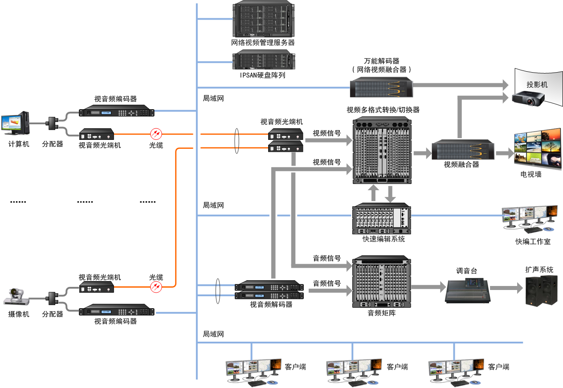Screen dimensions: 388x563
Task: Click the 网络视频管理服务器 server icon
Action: click(x=263, y=20)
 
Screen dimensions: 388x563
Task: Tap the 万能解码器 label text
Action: click(x=381, y=61)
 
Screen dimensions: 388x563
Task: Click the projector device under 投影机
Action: click(x=529, y=98)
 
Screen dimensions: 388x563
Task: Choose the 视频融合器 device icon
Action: click(x=464, y=150)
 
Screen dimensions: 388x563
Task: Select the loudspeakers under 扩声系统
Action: click(x=541, y=290)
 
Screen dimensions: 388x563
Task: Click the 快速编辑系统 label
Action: click(x=383, y=239)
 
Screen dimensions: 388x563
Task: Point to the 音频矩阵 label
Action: click(x=381, y=313)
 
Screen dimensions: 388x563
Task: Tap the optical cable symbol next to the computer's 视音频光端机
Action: click(x=156, y=133)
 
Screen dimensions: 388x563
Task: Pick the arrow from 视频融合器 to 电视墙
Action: click(x=505, y=153)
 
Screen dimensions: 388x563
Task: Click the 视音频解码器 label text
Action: click(x=271, y=305)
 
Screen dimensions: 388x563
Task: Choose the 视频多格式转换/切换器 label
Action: click(x=383, y=110)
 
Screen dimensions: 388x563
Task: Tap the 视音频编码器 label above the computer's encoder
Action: click(x=115, y=99)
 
